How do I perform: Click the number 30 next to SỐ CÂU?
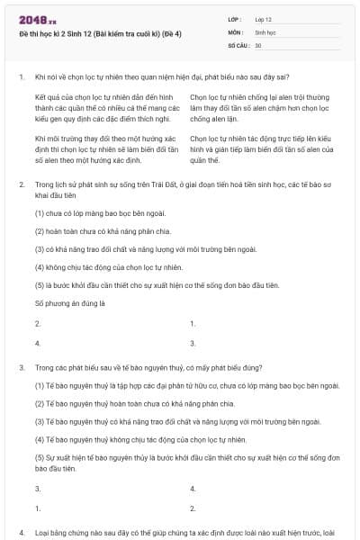click(258, 44)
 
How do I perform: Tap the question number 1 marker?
click(21, 76)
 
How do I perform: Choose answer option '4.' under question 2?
click(37, 343)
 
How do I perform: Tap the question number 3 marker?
click(21, 368)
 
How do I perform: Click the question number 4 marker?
click(21, 533)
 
